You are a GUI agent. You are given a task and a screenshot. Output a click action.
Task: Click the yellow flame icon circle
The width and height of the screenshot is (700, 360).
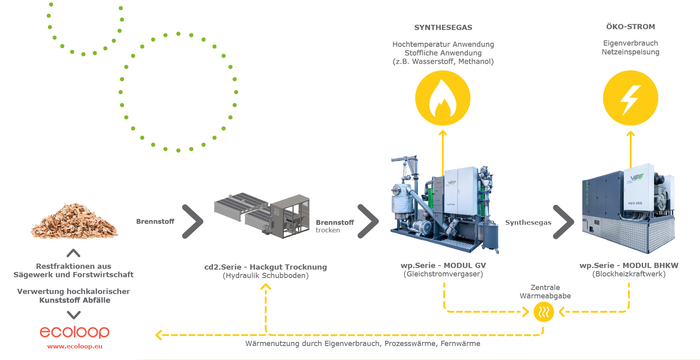[443, 98]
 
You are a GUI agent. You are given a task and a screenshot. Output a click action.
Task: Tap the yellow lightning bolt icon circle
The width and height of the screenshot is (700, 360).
[630, 98]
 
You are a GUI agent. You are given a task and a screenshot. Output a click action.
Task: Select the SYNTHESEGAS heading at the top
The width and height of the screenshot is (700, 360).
[443, 28]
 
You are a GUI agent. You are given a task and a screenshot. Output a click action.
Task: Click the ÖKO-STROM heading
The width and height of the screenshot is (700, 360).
[630, 27]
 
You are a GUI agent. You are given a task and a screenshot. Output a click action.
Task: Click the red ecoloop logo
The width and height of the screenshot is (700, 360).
[74, 332]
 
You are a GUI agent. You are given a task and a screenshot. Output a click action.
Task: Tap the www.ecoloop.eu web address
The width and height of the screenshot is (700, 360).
[75, 346]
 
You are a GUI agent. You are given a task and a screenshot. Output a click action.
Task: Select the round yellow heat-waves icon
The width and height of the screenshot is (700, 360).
[544, 312]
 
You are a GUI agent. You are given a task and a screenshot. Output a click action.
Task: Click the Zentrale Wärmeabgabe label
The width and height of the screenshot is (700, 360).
[545, 292]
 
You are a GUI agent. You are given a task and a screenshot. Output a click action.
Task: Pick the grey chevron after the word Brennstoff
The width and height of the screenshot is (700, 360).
[193, 221]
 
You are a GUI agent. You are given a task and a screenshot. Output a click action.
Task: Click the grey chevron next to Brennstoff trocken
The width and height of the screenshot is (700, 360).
[368, 221]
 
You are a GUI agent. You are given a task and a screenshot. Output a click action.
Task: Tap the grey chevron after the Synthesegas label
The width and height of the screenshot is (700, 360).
[564, 222]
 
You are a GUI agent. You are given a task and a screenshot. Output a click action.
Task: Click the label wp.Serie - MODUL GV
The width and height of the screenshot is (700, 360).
[443, 266]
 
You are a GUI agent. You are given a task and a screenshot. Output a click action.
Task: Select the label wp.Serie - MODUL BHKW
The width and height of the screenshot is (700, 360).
[629, 266]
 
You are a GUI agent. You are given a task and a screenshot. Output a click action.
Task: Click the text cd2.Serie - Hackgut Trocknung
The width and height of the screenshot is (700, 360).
[266, 267]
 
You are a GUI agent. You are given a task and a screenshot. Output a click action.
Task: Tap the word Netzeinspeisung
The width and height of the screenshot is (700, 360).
[630, 52]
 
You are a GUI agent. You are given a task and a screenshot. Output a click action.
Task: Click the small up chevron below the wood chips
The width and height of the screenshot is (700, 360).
[74, 253]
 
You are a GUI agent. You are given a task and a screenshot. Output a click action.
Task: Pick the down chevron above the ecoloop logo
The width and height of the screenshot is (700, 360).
[74, 315]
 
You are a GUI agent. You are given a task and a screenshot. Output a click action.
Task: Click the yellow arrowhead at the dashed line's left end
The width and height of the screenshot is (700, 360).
[159, 335]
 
